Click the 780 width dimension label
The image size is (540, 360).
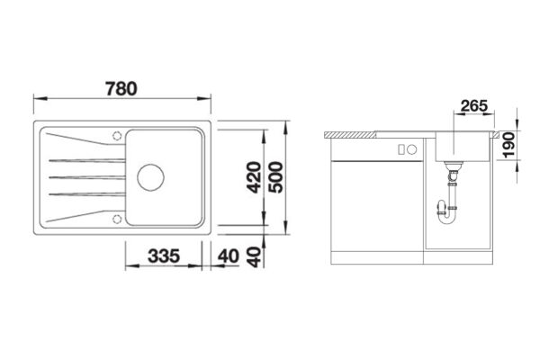point(121,88)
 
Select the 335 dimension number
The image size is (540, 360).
point(164,256)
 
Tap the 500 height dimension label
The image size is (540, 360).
point(276,177)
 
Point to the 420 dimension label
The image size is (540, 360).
point(254,177)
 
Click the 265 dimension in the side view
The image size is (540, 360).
point(474,106)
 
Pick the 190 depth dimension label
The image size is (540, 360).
point(509,146)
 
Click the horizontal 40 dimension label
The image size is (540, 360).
point(229,256)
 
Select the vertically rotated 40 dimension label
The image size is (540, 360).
point(255,257)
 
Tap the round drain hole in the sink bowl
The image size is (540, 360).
point(150,176)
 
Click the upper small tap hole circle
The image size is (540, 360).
point(117,136)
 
